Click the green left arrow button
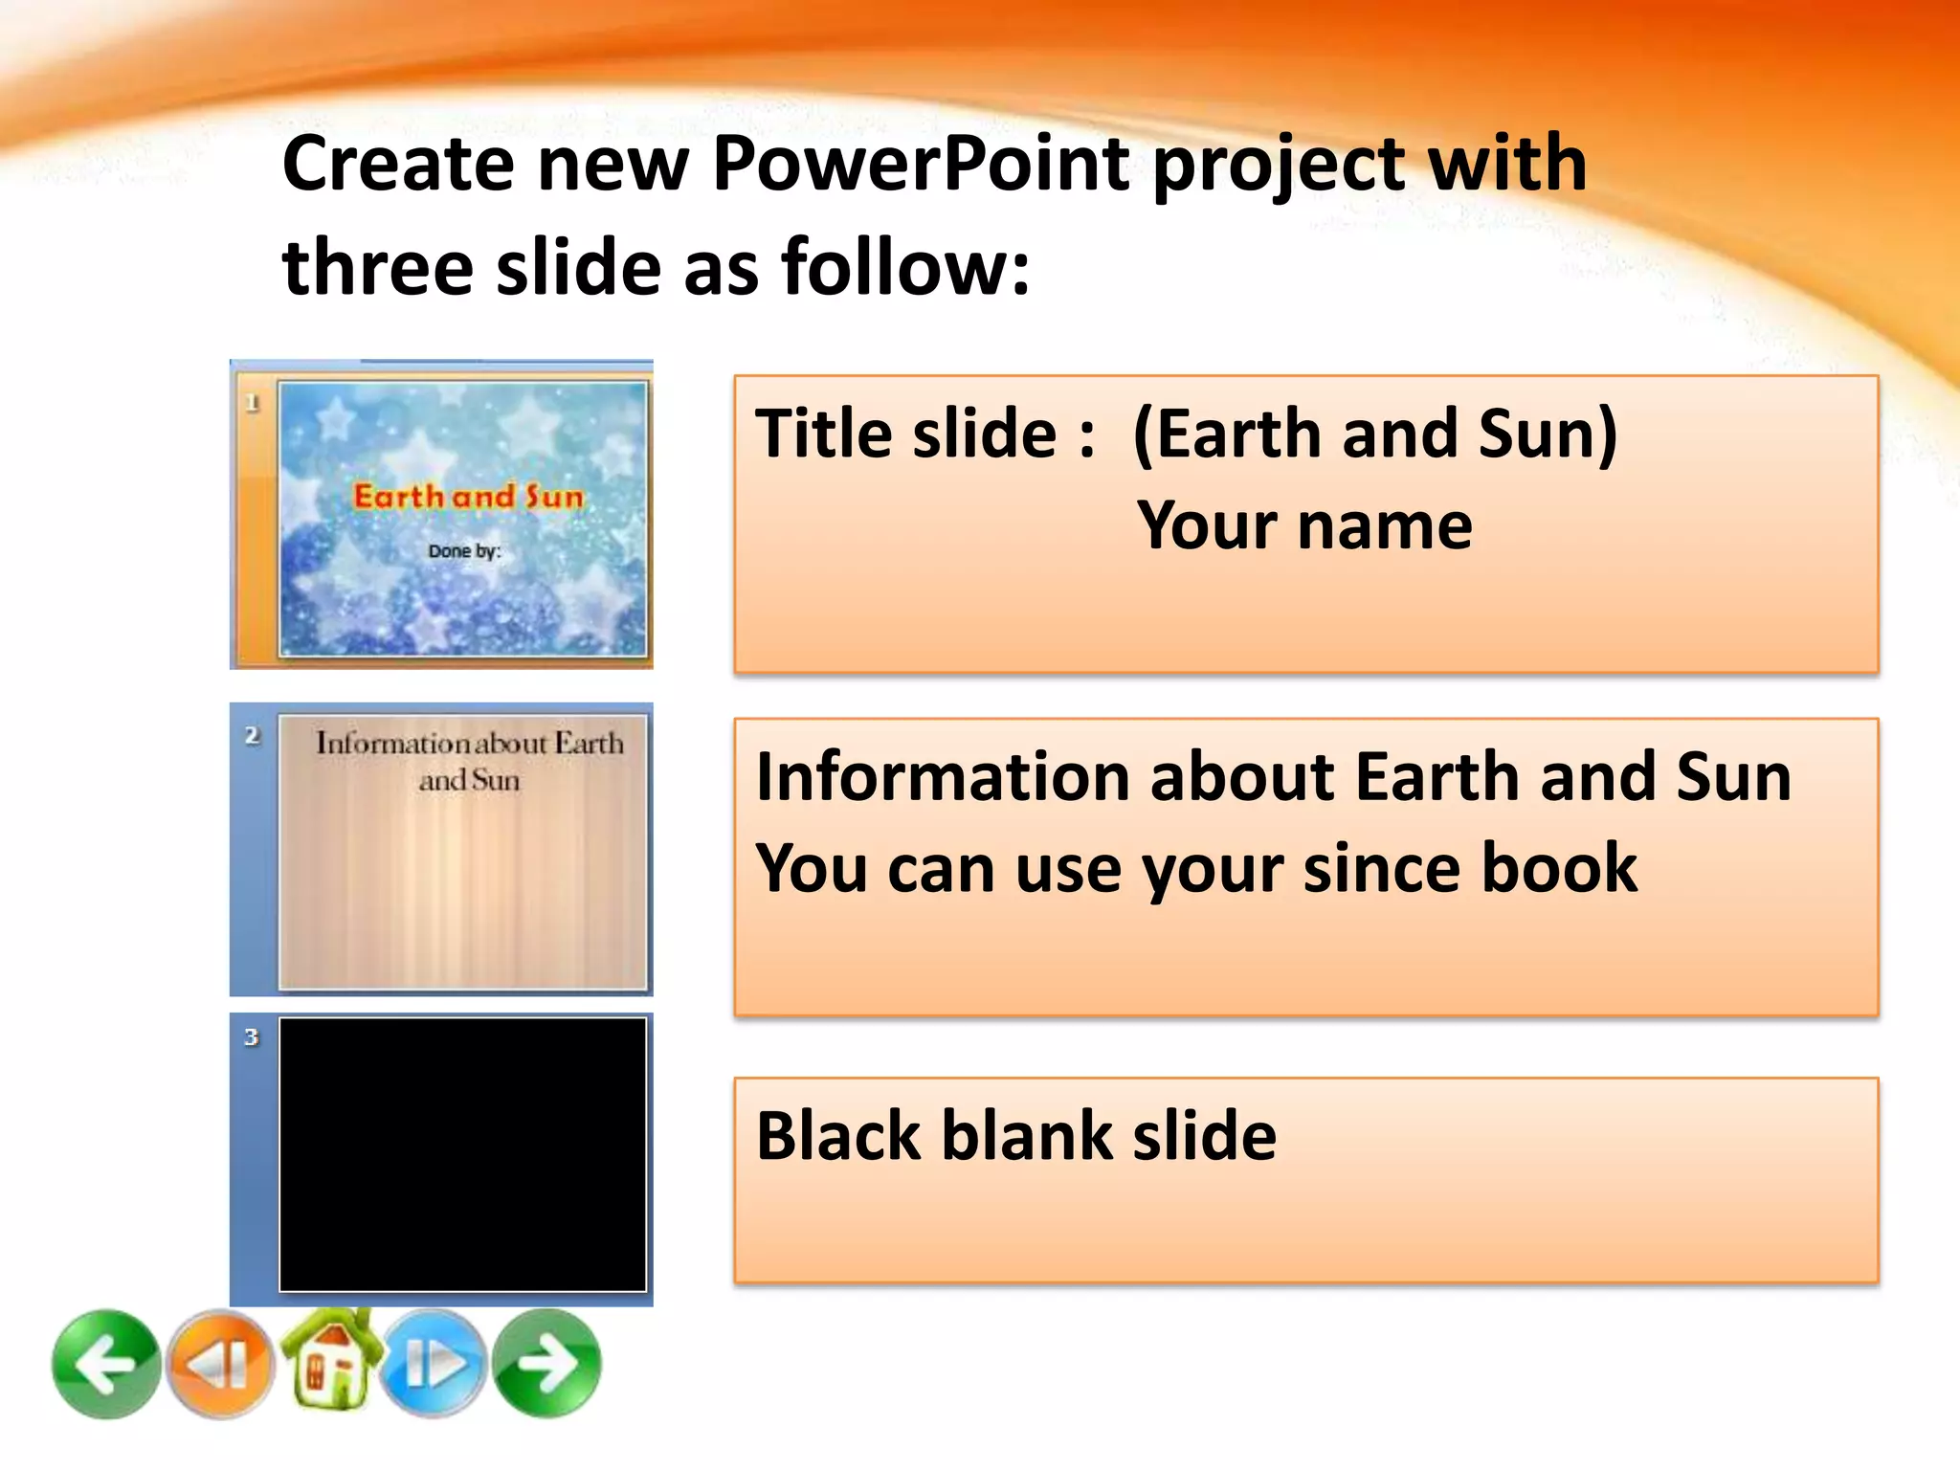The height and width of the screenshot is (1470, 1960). coord(105,1364)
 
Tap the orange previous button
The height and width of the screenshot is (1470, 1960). coord(221,1364)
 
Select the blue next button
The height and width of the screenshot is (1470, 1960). coord(435,1364)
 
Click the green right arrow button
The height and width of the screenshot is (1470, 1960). coord(547,1364)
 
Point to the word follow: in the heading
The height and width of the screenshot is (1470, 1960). coord(905,268)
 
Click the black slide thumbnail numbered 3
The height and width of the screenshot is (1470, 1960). coord(462,1154)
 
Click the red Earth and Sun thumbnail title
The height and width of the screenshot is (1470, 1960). coord(468,497)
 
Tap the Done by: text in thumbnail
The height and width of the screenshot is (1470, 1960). coord(464,551)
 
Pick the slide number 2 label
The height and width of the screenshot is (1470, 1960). coord(252,736)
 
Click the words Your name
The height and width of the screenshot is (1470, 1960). coord(1303,526)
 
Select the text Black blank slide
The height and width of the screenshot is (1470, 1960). coord(1015,1136)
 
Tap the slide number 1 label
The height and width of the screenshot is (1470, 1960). coord(253,403)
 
